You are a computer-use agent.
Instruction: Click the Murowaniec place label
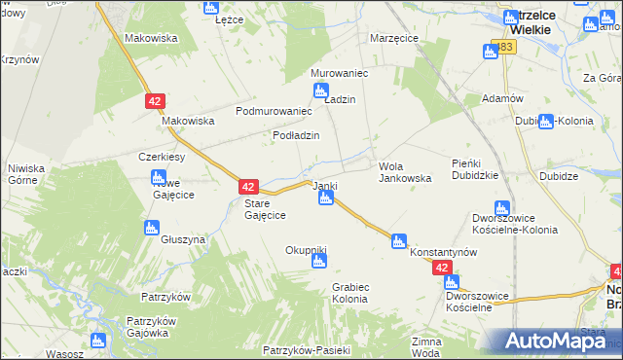[x=337, y=73]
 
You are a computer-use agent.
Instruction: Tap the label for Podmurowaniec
[x=274, y=112]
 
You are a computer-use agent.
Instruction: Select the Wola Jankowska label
[x=404, y=172]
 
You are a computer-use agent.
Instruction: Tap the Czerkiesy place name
[x=162, y=157]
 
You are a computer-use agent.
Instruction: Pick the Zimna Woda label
[x=426, y=347]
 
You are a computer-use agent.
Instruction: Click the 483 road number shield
[x=502, y=47]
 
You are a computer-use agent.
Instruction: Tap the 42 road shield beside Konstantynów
[x=443, y=268]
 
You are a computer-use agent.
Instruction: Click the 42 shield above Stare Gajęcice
[x=248, y=186]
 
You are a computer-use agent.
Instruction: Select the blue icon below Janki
[x=327, y=198]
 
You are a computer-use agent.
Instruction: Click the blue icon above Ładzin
[x=321, y=91]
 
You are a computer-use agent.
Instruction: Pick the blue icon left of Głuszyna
[x=151, y=228]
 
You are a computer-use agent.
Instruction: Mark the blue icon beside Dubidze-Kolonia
[x=546, y=122]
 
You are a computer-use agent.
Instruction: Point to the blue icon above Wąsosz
[x=97, y=341]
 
